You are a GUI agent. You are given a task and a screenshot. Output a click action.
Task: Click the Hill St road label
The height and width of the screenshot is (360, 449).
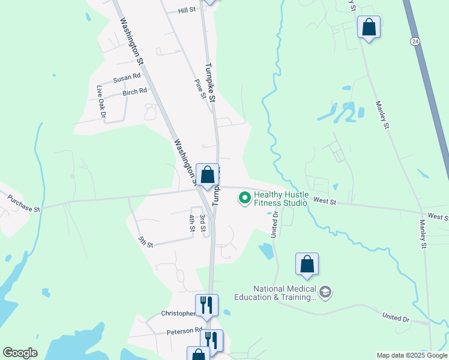187,11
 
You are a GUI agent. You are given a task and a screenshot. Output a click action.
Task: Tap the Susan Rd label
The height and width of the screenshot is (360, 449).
126,78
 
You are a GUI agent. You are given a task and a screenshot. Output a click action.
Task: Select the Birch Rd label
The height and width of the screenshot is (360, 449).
134,92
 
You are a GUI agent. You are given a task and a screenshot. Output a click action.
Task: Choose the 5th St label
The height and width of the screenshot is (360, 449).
146,242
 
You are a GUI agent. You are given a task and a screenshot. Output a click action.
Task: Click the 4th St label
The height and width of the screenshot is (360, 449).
192,223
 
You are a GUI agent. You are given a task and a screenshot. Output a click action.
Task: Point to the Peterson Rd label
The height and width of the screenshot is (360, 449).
185,331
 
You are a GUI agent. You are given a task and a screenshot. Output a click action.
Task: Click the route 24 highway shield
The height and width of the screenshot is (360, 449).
415,41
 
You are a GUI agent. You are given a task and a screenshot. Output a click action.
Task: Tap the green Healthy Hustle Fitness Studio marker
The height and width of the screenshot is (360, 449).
244,197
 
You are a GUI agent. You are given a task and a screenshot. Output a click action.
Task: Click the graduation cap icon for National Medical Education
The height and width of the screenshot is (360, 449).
325,292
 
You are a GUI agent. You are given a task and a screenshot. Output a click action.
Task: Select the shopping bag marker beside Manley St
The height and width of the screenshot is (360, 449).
369,27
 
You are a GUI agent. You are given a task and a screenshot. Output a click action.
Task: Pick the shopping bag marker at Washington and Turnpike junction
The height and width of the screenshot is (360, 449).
207,175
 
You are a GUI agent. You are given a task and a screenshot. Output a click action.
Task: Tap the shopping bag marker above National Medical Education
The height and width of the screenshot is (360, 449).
307,264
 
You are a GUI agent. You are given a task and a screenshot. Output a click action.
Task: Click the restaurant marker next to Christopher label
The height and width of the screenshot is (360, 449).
206,305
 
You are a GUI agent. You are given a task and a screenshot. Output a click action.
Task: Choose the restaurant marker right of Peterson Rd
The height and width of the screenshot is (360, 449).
211,340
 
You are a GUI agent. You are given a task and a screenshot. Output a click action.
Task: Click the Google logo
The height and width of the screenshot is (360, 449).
20,353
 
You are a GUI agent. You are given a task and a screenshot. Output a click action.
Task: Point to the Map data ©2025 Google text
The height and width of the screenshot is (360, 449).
411,355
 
